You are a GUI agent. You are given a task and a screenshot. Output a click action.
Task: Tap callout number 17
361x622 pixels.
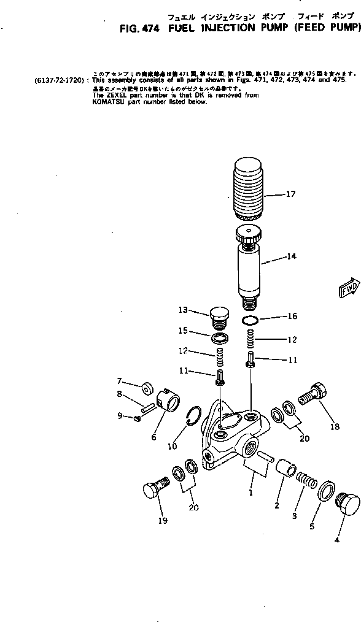[x=290, y=194]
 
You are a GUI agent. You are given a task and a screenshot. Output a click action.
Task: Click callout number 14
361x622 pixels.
[x=290, y=256]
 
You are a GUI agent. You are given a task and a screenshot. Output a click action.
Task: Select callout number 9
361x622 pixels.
[x=120, y=416]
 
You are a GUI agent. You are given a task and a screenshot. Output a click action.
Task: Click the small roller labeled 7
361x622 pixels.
[x=148, y=388]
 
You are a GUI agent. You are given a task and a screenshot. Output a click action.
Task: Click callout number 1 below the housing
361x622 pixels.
[x=250, y=492]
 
